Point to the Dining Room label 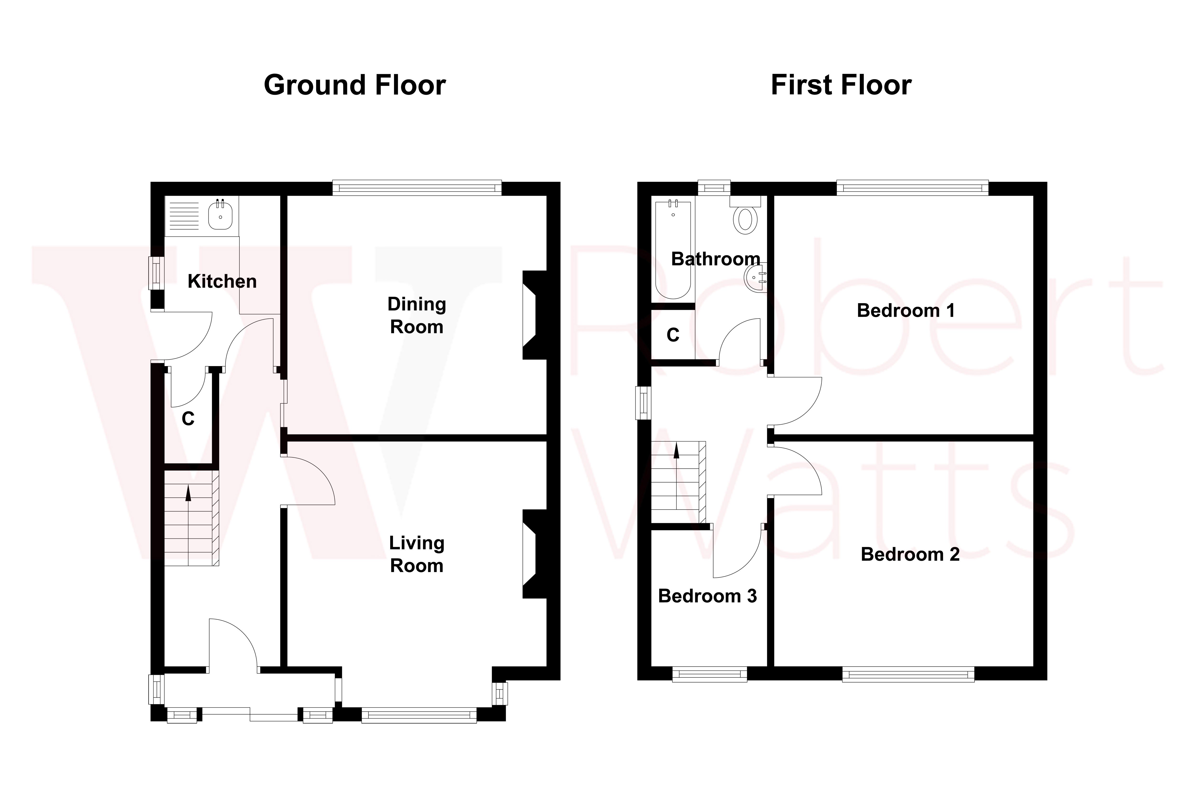(416, 315)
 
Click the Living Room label (416, 554)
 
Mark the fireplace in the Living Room (534, 554)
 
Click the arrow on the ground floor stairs (189, 493)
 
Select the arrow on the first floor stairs (676, 451)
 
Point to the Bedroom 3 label (707, 596)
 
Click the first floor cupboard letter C (673, 335)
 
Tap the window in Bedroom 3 (709, 675)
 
